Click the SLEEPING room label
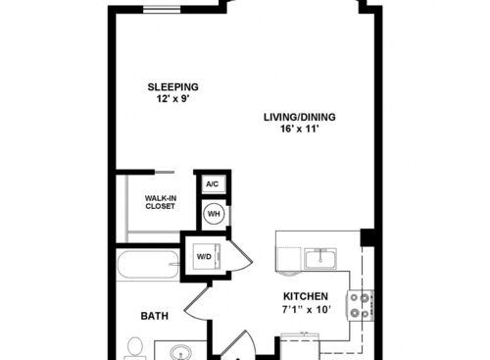pos(172,87)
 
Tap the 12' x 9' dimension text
pos(173,98)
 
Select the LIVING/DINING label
pos(300,117)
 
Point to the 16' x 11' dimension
pos(300,129)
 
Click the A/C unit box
pos(212,184)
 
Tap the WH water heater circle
pos(214,214)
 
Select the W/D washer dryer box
pos(206,257)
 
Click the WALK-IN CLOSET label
pos(161,202)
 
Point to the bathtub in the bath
pos(148,264)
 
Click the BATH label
pos(155,316)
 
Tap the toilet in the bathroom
pos(135,348)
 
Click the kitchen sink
pos(320,259)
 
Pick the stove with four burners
pos(360,306)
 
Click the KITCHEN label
pos(306,296)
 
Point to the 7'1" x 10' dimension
pos(307,309)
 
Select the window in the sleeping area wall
pos(162,10)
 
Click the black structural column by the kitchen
pos(367,237)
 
